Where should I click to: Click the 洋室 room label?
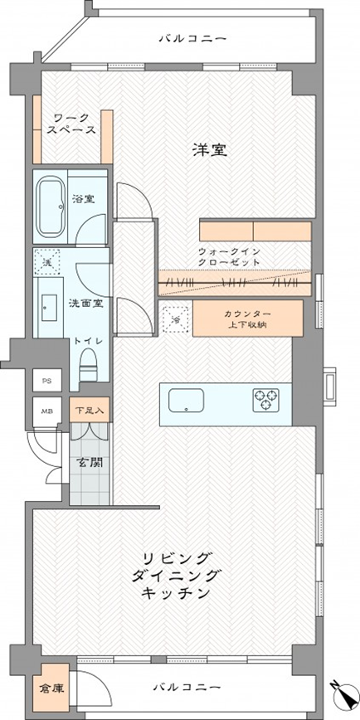211,150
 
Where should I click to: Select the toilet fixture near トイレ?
88,362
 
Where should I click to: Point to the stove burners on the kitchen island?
267,400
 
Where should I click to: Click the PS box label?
45,381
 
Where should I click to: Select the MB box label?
45,410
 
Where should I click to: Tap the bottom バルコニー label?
187,688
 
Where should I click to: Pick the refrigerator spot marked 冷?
176,316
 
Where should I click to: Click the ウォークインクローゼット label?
230,255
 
